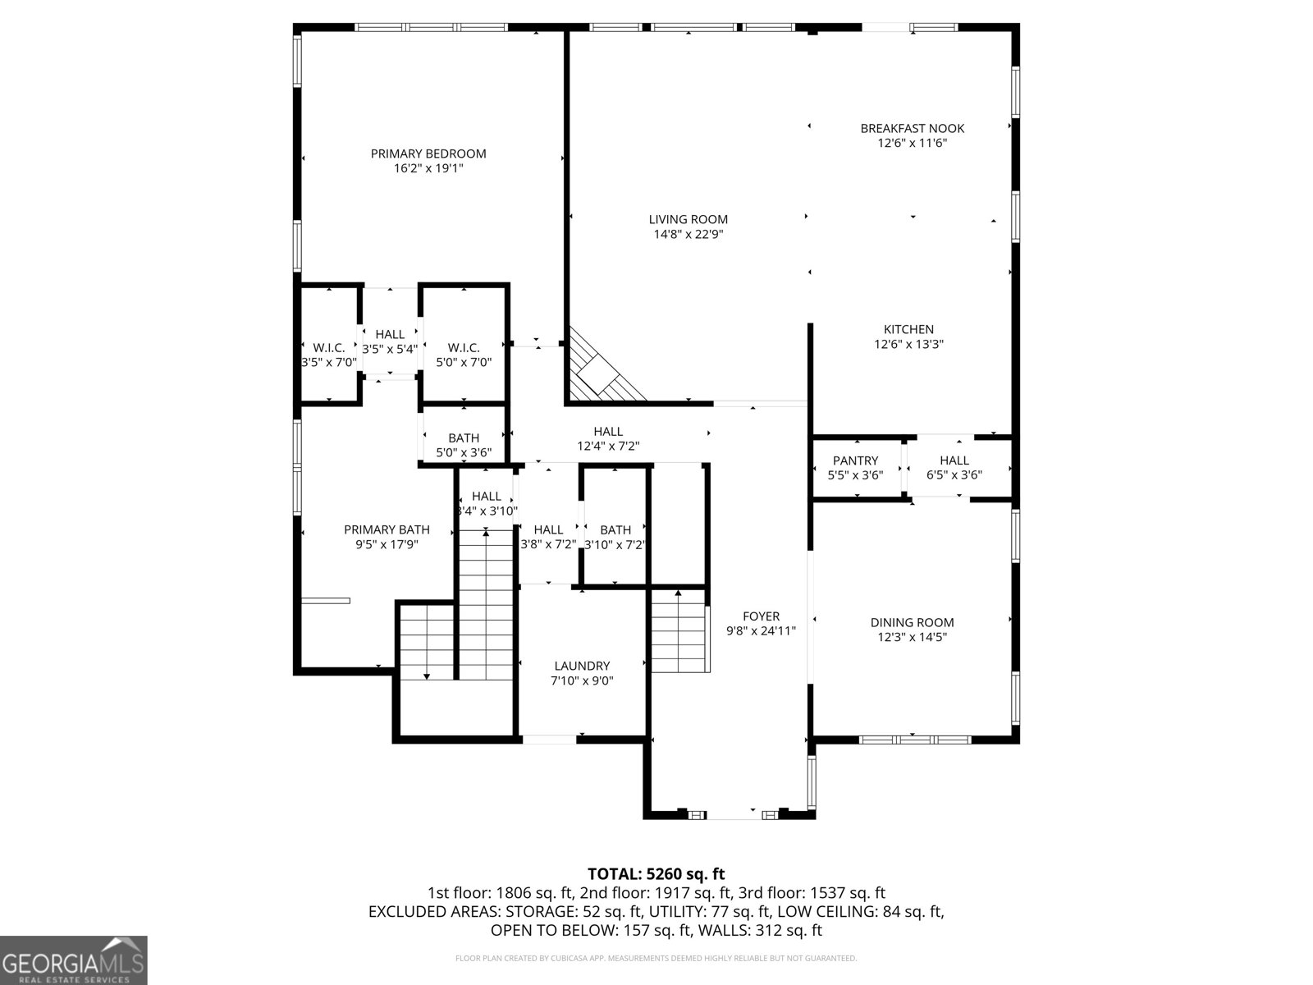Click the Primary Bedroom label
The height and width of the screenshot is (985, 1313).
[x=428, y=153]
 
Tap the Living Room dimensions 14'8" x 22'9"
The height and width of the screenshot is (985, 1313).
[x=688, y=234]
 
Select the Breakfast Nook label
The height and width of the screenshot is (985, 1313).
[x=912, y=128]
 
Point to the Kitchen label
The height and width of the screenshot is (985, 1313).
[x=908, y=329]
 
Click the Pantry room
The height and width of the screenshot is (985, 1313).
[x=855, y=467]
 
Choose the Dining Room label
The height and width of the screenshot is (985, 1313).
[x=912, y=622]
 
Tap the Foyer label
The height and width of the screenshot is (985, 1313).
[x=761, y=616]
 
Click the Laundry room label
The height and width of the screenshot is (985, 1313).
[x=582, y=666]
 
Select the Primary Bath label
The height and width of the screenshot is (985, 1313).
[x=387, y=529]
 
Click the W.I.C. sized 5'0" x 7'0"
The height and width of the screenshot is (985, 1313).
[x=464, y=355]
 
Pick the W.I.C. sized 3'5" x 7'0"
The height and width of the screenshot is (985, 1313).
[x=328, y=355]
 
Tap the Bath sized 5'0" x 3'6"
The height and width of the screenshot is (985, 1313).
[x=464, y=445]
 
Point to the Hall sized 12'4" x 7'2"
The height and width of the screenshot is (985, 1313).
[x=608, y=438]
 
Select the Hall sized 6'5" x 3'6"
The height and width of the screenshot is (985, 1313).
[x=954, y=467]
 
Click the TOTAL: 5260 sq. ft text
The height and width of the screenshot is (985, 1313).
[x=656, y=873]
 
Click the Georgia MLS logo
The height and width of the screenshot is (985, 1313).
[x=73, y=960]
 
